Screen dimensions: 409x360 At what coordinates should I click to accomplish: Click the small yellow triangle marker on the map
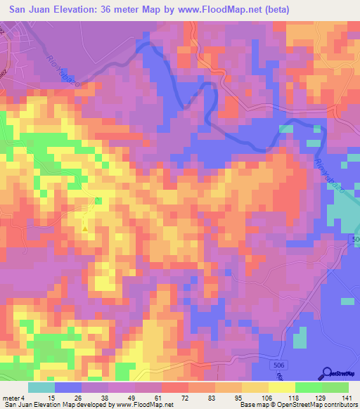pos(85,228)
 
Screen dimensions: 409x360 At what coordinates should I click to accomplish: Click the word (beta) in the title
pos(270,10)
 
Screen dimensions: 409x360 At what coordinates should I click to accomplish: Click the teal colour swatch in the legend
pos(41,387)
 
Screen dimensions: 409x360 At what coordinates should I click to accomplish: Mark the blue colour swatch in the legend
pos(68,387)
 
